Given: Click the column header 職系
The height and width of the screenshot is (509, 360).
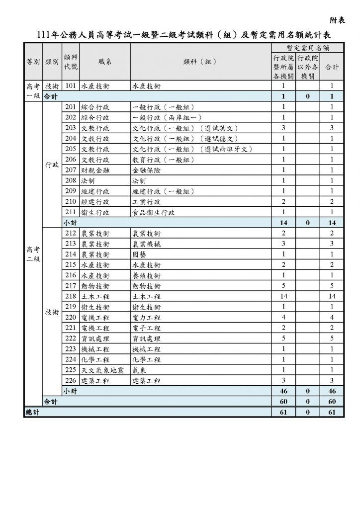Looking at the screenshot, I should coord(105,62).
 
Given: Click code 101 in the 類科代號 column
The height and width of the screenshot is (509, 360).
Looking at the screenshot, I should coord(70,85).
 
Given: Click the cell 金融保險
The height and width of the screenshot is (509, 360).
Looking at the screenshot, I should coord(147,170).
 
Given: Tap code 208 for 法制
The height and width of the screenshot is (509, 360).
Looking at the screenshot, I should coord(70,181).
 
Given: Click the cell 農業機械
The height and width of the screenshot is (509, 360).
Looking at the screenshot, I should coord(147,244).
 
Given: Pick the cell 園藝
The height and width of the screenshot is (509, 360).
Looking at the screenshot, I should coord(140,254).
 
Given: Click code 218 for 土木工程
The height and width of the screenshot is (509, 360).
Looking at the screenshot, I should coord(70,296).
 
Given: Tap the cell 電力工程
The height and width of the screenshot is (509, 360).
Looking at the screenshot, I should coord(147,318).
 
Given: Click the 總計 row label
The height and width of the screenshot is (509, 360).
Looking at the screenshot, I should coord(33,413).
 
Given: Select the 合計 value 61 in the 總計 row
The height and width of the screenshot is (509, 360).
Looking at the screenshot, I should coord(332,413).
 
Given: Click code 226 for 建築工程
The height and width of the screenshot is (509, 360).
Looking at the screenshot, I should coord(70,381).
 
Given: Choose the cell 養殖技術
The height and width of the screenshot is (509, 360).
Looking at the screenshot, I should coord(147,275).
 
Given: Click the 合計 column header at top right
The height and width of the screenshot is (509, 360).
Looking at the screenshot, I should coord(332,67).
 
